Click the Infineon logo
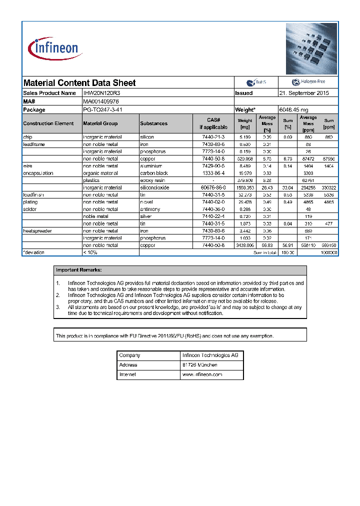(x=53, y=48)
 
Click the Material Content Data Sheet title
(x=79, y=83)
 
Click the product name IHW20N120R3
(x=101, y=93)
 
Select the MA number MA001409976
(x=101, y=101)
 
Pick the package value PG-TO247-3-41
(x=102, y=109)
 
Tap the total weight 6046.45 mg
(x=293, y=109)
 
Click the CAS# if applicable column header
(x=213, y=123)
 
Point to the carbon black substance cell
(x=154, y=173)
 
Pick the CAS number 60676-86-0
(x=213, y=187)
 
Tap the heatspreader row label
(x=37, y=231)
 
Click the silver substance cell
(x=147, y=216)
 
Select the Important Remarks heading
(x=78, y=270)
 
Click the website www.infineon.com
(x=202, y=374)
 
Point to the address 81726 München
(x=199, y=365)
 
